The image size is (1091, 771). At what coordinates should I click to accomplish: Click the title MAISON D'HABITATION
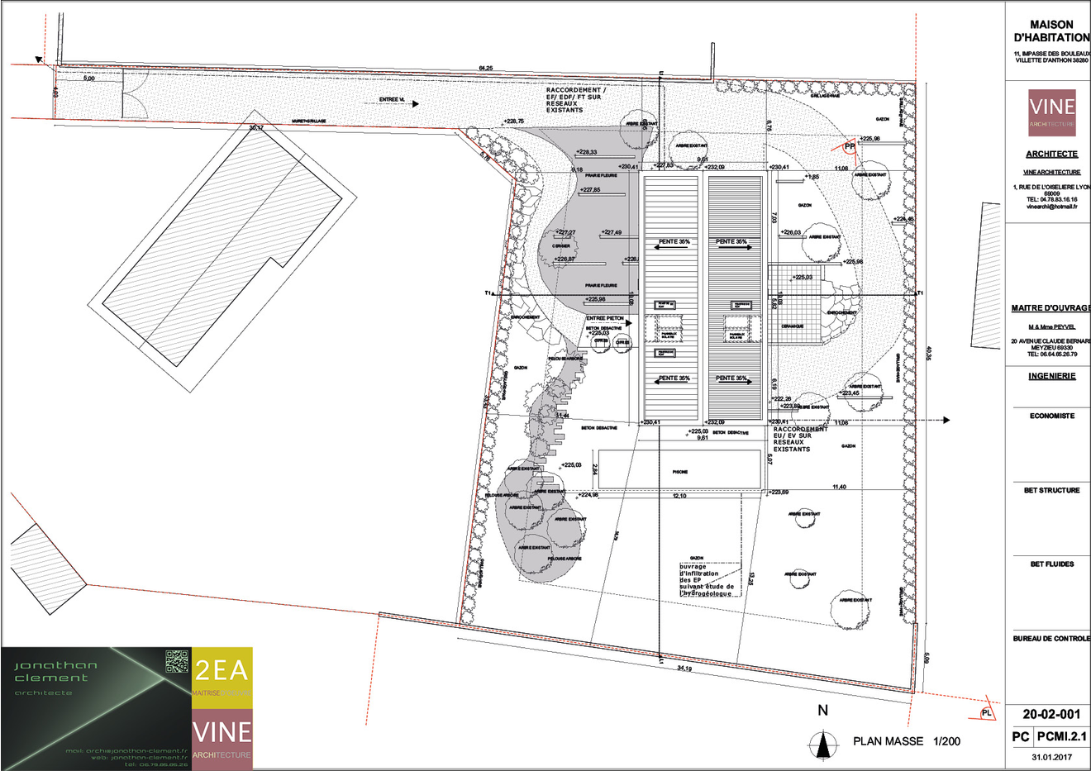tap(1051, 31)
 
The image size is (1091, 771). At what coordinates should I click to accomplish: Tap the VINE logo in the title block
tap(1051, 112)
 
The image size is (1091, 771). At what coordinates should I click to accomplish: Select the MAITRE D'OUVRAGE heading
tap(1051, 308)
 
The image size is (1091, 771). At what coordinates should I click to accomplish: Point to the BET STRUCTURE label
tap(1051, 490)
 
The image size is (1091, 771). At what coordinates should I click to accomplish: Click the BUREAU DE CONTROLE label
tap(1051, 639)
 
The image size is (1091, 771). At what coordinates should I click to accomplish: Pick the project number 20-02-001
tap(1051, 715)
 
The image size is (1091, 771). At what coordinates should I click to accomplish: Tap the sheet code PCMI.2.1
tap(1061, 736)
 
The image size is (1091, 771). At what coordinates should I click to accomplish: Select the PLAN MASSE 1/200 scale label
tap(907, 741)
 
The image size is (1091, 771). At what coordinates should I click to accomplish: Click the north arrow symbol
tap(822, 745)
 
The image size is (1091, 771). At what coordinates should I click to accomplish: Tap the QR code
tap(177, 661)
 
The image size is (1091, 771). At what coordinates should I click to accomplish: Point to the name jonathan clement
tap(55, 671)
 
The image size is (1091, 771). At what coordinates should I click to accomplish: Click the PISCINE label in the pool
tap(679, 470)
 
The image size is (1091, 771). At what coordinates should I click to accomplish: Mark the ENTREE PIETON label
tap(604, 318)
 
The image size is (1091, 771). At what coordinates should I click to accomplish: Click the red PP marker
tap(849, 146)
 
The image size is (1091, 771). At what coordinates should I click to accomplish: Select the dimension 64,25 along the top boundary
tap(485, 68)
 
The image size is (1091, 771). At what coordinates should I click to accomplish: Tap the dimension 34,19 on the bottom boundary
tap(684, 668)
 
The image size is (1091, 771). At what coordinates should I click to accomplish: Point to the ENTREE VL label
tap(392, 100)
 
